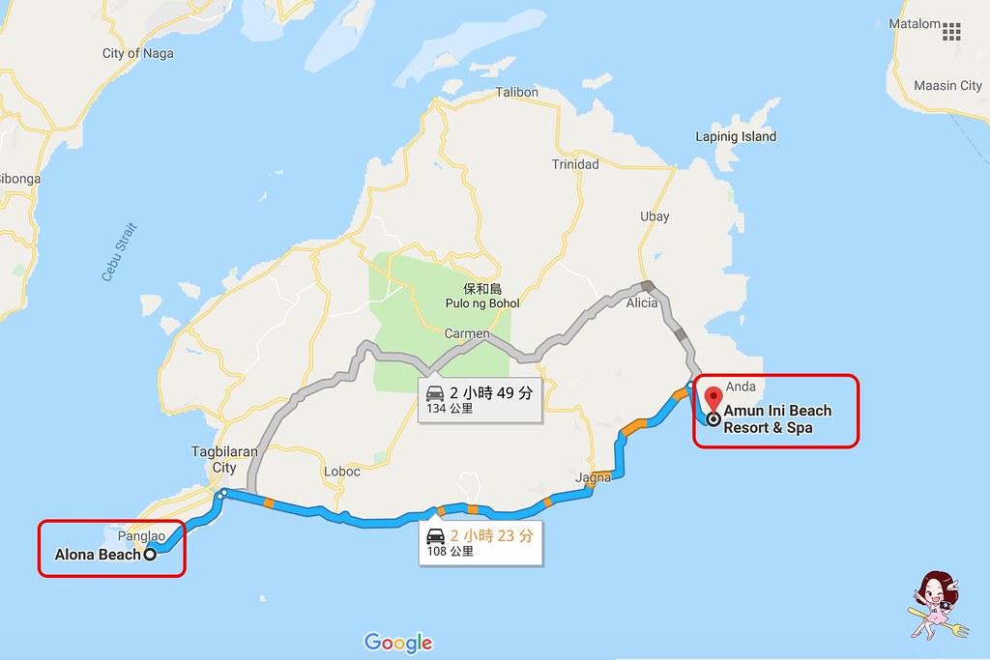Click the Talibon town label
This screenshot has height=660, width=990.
tap(516, 93)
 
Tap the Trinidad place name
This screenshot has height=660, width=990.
tap(575, 164)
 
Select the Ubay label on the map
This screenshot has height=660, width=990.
tap(655, 216)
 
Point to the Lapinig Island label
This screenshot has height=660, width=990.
tap(736, 137)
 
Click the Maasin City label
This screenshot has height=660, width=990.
tap(948, 86)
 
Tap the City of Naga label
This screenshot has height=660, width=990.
tap(138, 54)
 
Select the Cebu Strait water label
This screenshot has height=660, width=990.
tap(120, 252)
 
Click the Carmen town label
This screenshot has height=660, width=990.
tap(467, 333)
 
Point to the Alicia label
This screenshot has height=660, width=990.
tap(642, 302)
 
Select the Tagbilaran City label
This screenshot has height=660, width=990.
tap(223, 459)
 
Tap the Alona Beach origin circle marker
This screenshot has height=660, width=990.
tap(150, 555)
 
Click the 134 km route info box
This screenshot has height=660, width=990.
tap(480, 399)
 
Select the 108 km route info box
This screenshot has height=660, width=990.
tap(480, 542)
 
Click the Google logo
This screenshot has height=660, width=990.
tap(398, 643)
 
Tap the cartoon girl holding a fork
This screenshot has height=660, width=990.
tap(935, 605)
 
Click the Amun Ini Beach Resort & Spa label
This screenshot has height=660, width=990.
tap(776, 419)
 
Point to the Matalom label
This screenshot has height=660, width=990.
tap(915, 24)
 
